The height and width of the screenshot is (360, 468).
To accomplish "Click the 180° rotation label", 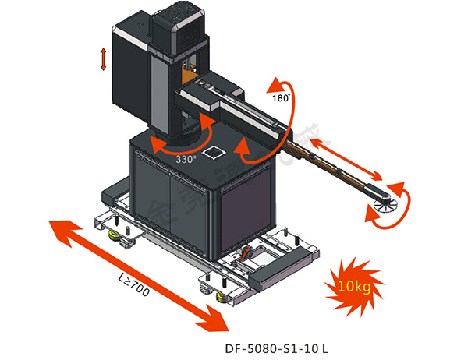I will tap(281, 98).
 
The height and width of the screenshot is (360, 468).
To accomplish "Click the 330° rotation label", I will tap(185, 158).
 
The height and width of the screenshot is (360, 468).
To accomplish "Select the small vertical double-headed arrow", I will tap(103, 59).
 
